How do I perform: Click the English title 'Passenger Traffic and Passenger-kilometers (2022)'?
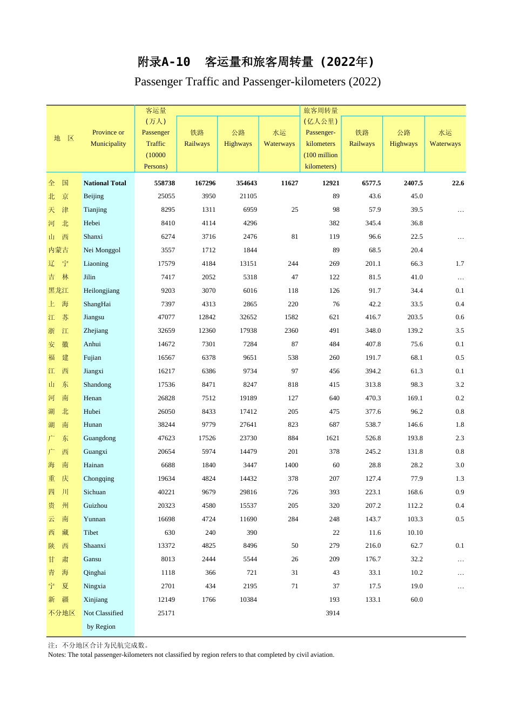pos(257,82)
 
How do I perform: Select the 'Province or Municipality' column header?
pos(108,138)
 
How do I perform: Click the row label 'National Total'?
pos(105,183)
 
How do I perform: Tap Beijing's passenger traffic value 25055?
pos(166,196)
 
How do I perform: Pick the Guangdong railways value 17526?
pos(207,438)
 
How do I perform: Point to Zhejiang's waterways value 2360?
pos(291,331)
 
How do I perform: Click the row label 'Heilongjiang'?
pos(102,291)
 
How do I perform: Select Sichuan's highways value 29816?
pos(248,492)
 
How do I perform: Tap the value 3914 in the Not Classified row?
pos(333,613)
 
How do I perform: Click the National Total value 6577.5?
pos(371,183)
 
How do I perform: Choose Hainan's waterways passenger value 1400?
pos(291,465)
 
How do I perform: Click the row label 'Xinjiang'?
pos(96,600)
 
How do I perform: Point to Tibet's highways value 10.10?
pos(415,533)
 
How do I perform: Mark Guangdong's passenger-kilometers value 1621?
pos(333,438)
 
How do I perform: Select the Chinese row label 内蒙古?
pos(58,250)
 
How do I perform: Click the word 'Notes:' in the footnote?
pos(57,655)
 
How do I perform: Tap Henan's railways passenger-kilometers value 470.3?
pos(373,398)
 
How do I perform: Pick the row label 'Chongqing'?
pos(99,479)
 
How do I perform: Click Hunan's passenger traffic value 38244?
pos(166,425)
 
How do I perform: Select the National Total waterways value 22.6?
pos(458,183)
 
